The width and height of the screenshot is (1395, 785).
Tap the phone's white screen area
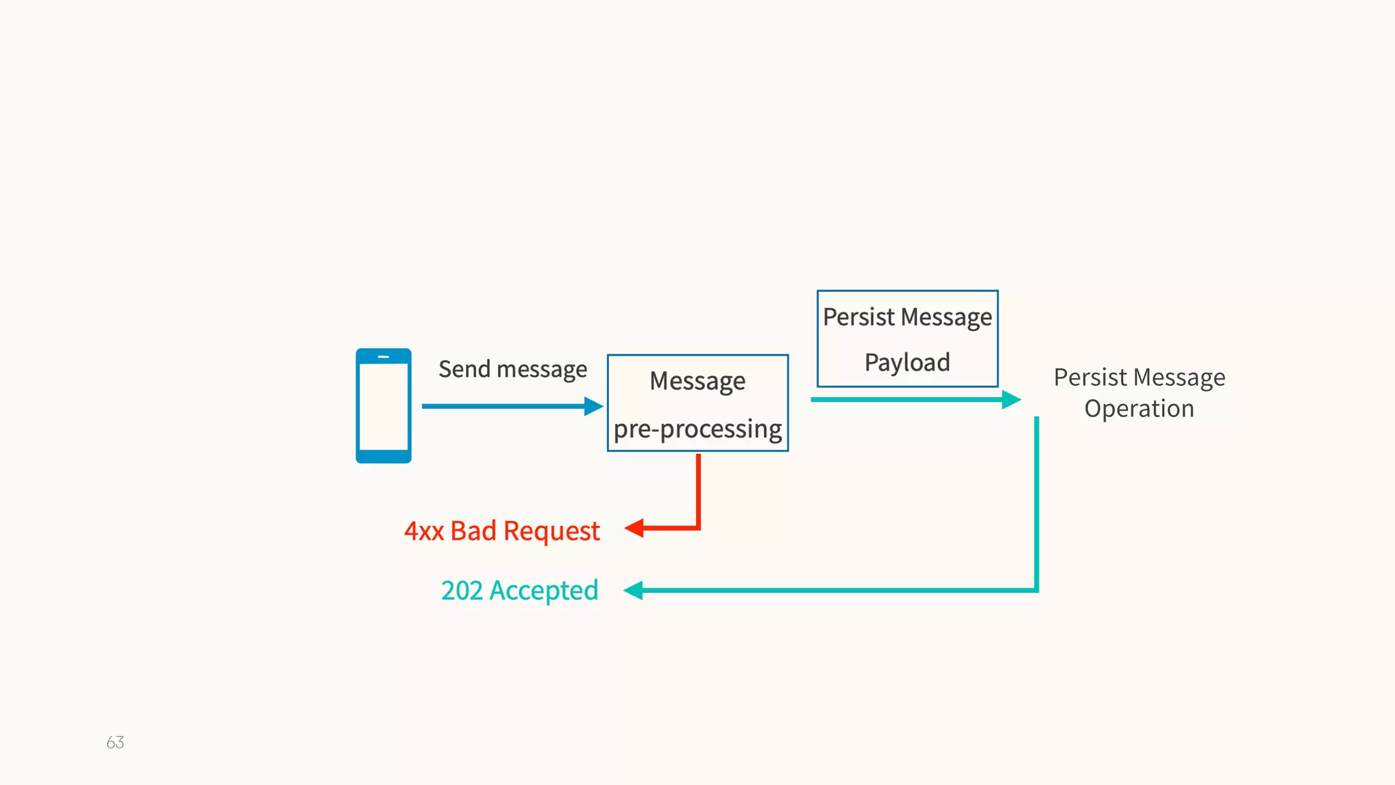(383, 407)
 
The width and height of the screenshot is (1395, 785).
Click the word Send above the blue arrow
(464, 369)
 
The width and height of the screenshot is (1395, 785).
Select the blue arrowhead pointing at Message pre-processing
(593, 407)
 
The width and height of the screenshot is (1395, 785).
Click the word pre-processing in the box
(697, 429)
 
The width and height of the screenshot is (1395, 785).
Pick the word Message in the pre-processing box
(697, 381)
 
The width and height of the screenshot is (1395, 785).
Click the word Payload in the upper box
(907, 363)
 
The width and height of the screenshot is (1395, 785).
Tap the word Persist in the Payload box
(858, 317)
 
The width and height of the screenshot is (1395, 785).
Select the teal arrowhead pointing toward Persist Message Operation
(1011, 399)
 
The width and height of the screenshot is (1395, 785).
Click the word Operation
(1139, 409)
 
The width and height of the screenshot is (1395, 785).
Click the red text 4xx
(424, 531)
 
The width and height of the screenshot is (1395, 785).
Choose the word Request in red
(551, 531)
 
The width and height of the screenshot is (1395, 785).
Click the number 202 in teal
(462, 590)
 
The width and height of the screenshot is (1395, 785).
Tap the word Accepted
(544, 590)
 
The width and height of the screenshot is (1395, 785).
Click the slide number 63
(115, 742)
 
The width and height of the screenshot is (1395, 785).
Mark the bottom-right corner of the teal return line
(1036, 590)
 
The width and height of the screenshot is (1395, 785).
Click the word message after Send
(542, 369)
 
